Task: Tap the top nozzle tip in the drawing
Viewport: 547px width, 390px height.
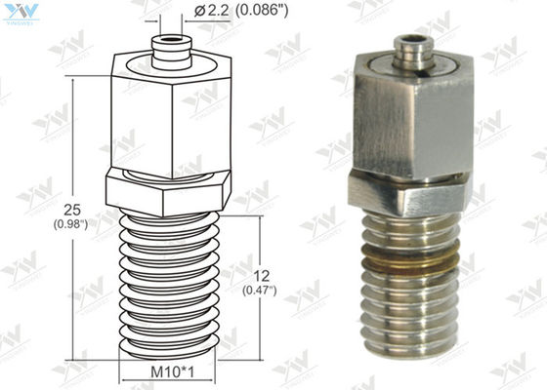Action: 168,48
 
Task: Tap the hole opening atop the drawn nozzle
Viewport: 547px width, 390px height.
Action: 168,41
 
